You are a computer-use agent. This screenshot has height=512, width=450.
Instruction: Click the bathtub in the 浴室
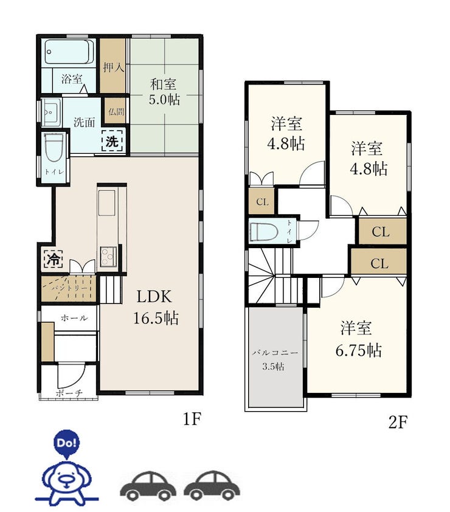69,52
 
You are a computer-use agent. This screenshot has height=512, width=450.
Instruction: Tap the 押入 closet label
113,67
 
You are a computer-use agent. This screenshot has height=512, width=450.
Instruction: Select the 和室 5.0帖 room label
164,92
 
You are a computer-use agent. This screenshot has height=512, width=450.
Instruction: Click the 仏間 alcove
116,112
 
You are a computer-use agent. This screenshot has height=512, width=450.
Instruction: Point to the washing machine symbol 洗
112,141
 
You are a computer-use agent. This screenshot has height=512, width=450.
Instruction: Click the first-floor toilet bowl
54,148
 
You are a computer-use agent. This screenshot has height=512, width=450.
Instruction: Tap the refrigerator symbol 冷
54,259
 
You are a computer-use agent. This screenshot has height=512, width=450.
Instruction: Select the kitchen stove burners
108,257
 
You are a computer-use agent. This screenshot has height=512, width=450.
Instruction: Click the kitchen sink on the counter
107,202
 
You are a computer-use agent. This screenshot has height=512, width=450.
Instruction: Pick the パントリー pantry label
69,288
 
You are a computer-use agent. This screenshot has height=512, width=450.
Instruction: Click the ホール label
74,317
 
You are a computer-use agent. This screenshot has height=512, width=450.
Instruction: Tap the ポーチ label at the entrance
69,393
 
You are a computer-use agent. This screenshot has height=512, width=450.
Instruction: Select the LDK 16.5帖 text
156,307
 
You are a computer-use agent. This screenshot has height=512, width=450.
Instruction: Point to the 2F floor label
398,422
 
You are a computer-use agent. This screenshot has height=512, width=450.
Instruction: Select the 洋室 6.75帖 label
358,339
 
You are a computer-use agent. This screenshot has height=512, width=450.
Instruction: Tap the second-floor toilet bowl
263,232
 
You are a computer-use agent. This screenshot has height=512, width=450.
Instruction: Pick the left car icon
148,486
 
